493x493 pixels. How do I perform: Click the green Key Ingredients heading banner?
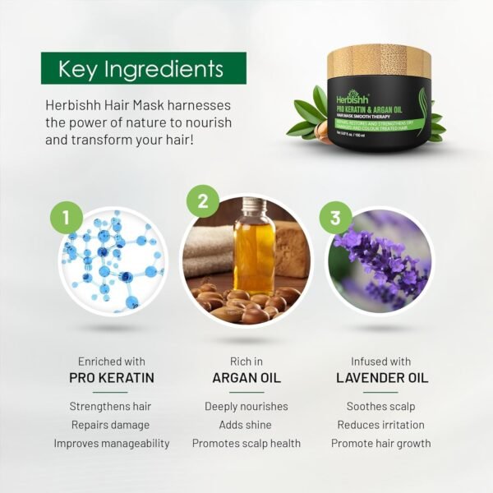point(144,69)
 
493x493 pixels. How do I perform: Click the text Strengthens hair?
point(112,407)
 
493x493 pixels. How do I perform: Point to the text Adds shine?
point(246,425)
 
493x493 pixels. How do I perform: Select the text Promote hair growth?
point(380,443)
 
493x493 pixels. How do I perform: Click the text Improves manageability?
point(112,443)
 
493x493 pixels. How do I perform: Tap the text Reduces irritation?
point(380,425)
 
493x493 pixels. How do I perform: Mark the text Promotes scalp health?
point(246,443)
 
